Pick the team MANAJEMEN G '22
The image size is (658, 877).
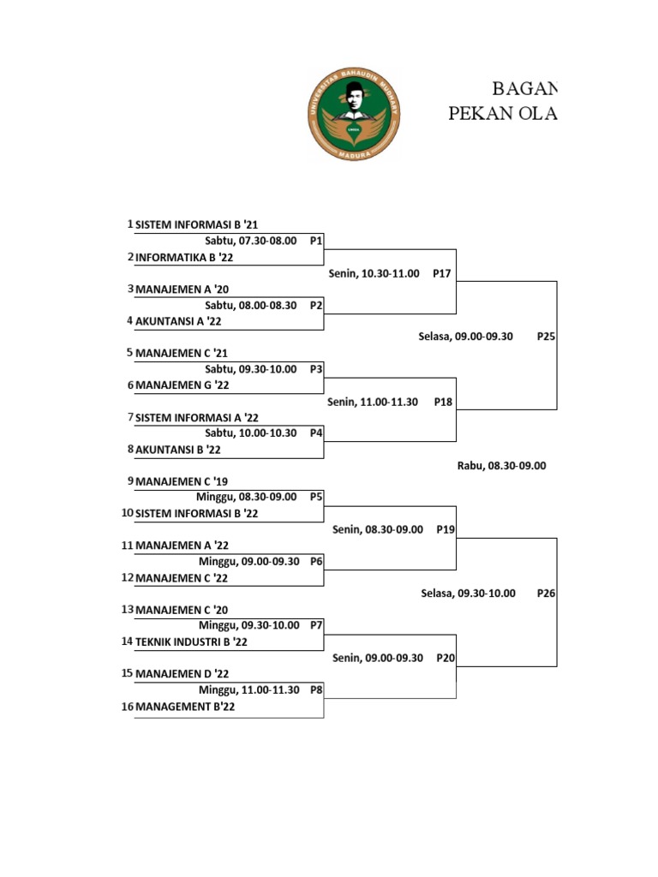[182, 385]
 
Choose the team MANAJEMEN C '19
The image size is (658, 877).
[182, 481]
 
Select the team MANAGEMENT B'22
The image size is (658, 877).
[185, 707]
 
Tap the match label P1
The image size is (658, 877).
[315, 242]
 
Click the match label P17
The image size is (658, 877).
[442, 273]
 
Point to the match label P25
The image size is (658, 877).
[546, 337]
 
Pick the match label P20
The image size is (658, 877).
[445, 658]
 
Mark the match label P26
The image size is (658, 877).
[546, 593]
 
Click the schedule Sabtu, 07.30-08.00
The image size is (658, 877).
[250, 242]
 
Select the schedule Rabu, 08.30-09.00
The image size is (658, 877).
[501, 466]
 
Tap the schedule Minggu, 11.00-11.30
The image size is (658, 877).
[249, 689]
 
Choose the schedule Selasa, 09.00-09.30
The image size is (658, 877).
[465, 337]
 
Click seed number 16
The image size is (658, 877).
[128, 707]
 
